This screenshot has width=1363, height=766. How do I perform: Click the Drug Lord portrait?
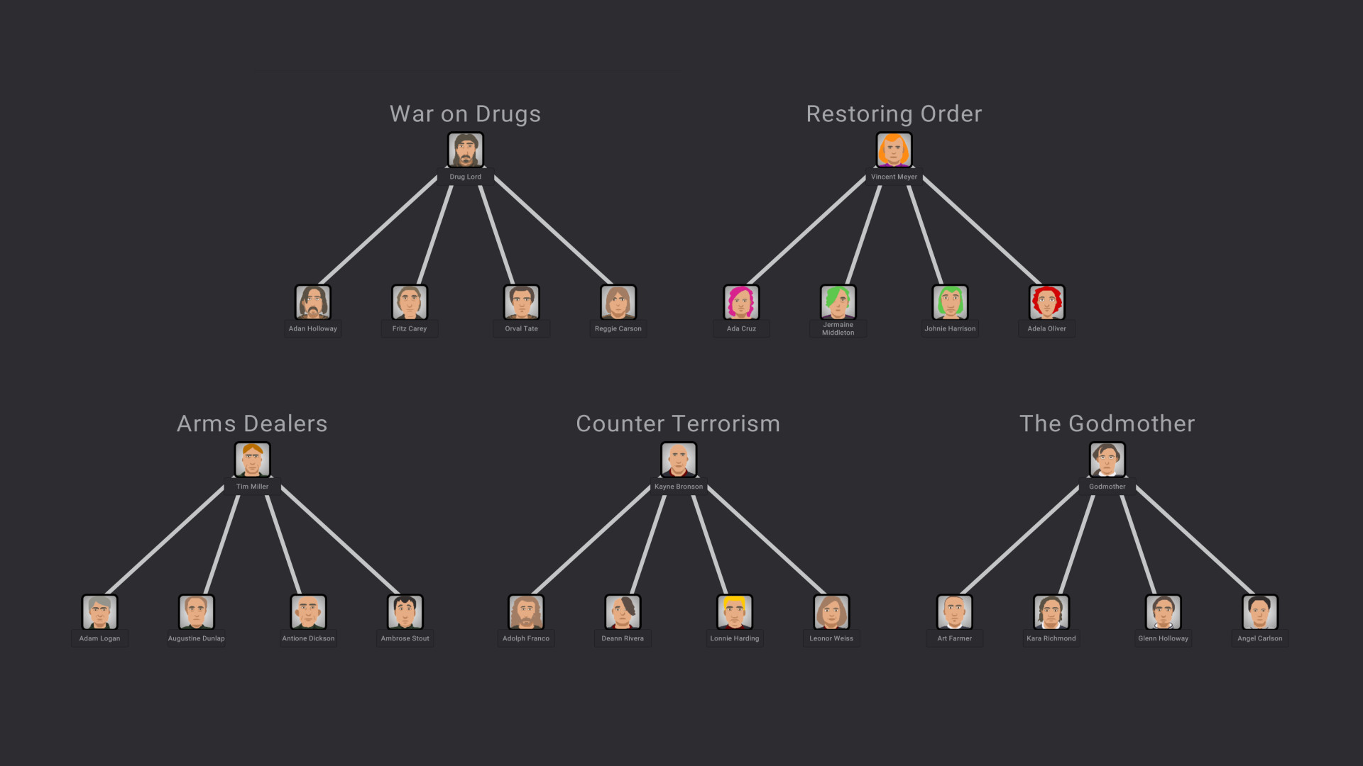(465, 150)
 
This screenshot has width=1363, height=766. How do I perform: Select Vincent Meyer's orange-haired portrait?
(894, 150)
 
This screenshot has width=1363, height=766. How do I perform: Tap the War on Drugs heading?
(465, 114)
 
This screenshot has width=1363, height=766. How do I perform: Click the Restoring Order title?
(894, 114)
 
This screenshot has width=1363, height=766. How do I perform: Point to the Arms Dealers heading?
(252, 423)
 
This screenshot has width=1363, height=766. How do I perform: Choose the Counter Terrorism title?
(678, 423)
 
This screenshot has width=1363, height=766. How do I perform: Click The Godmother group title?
(1107, 423)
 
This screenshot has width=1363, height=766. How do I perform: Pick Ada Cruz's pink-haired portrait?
(741, 302)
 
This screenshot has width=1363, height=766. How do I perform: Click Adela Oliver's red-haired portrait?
(1046, 302)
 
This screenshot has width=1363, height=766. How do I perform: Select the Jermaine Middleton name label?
(838, 329)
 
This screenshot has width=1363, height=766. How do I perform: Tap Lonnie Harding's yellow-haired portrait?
(734, 611)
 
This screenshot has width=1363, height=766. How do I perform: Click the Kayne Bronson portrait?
(678, 460)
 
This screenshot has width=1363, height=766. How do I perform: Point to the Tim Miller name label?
(252, 487)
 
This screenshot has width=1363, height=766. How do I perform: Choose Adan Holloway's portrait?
(312, 302)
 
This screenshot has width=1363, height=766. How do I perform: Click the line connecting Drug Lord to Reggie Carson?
(552, 230)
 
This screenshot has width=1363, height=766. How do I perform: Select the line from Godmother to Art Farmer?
(1019, 540)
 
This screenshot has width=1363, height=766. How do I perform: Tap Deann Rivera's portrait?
(623, 611)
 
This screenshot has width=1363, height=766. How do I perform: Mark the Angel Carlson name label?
(1259, 638)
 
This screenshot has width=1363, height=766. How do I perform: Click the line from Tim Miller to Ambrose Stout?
(339, 540)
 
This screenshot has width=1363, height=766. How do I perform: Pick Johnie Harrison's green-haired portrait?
(950, 302)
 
